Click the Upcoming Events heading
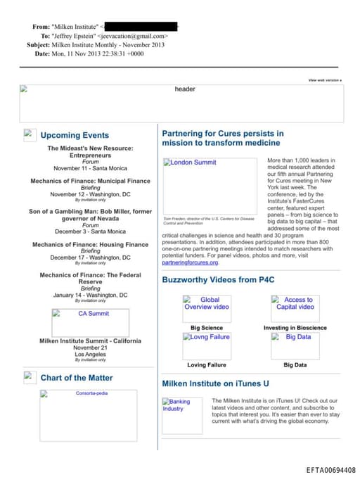click(x=75, y=135)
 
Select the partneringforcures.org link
click(x=190, y=262)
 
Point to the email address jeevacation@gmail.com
click(x=134, y=35)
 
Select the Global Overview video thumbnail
click(x=207, y=308)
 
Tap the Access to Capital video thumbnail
click(x=295, y=308)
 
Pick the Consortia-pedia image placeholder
click(x=88, y=414)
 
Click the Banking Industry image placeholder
click(x=181, y=415)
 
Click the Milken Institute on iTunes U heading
click(x=215, y=383)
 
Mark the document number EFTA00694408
click(x=331, y=470)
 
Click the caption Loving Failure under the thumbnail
click(x=207, y=365)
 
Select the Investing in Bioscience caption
click(x=295, y=328)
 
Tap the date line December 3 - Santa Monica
click(x=90, y=231)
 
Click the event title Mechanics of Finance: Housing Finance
click(x=90, y=245)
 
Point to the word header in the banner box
click(x=185, y=89)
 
